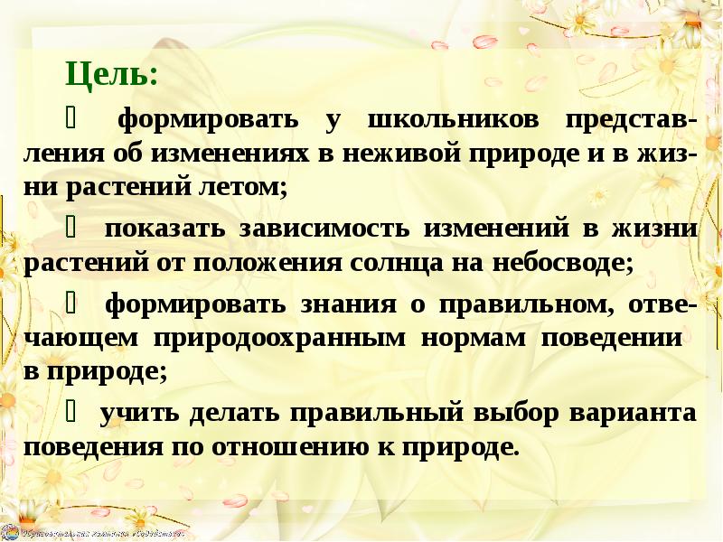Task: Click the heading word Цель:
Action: (111, 75)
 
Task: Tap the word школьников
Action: (452, 120)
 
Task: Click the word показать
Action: (164, 228)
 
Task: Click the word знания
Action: (343, 304)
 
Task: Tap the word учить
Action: (139, 413)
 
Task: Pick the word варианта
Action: (634, 413)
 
